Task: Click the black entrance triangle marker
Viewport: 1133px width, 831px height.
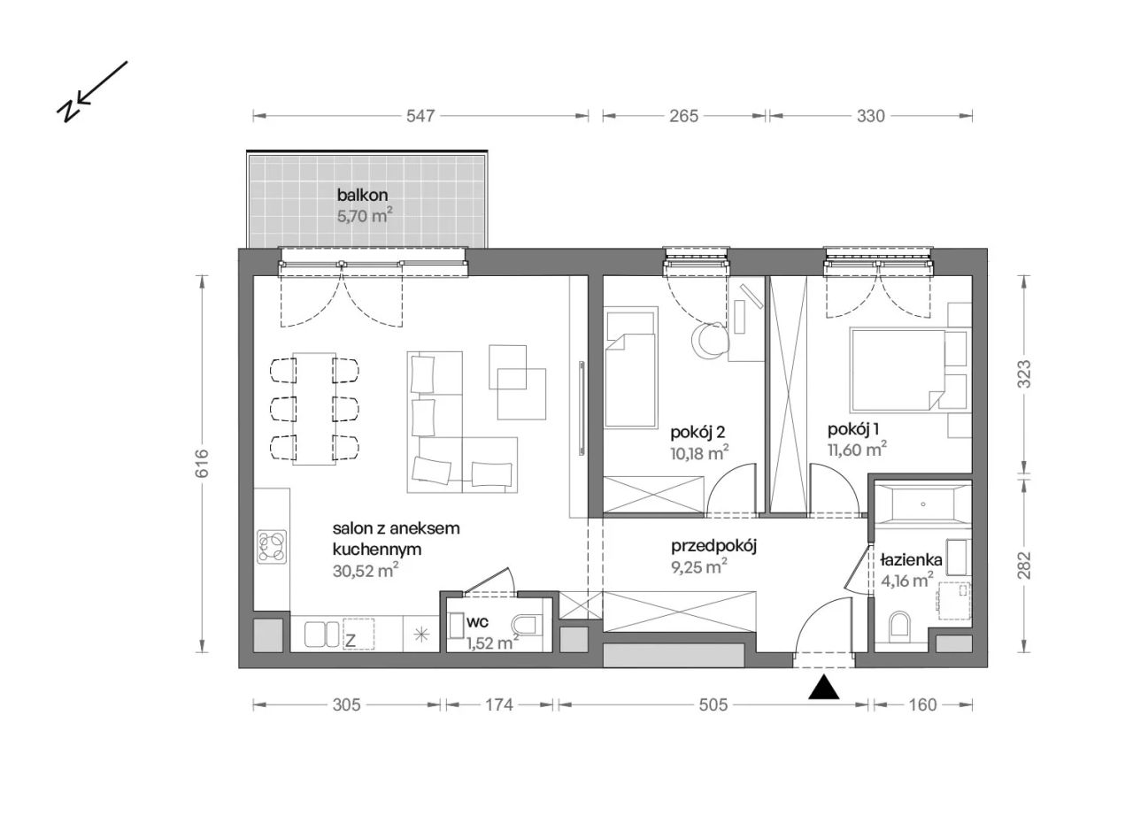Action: (x=823, y=688)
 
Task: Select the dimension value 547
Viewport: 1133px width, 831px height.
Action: (x=420, y=116)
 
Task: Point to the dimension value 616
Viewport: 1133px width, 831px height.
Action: (x=201, y=464)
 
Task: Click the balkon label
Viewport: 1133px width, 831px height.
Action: (x=362, y=195)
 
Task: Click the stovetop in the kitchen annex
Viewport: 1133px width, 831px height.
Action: (x=272, y=546)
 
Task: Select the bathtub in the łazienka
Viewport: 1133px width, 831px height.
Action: (x=922, y=504)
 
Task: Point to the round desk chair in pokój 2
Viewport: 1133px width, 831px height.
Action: (x=710, y=341)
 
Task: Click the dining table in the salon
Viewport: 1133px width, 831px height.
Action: (x=314, y=409)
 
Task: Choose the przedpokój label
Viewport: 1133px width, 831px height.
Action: (x=713, y=546)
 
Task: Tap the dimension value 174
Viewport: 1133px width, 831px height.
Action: (x=499, y=704)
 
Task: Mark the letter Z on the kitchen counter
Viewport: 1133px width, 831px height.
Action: (x=350, y=641)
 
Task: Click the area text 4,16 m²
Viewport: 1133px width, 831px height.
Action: (x=907, y=581)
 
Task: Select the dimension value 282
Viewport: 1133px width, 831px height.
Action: (x=1024, y=565)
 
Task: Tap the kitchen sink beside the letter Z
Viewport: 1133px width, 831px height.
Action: (x=321, y=634)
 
